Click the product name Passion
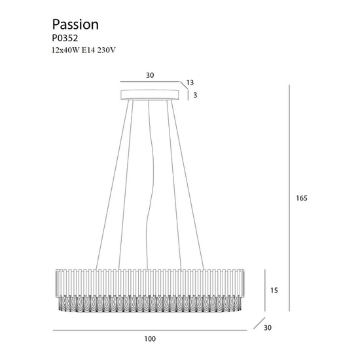click(75, 25)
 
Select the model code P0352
click(65, 38)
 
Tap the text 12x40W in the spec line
click(65, 50)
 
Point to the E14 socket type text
click(88, 50)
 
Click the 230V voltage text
click(106, 50)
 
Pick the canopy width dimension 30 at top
click(150, 75)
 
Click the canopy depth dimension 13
click(190, 82)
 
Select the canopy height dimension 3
click(195, 95)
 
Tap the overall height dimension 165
click(302, 198)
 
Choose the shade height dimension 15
click(274, 290)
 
